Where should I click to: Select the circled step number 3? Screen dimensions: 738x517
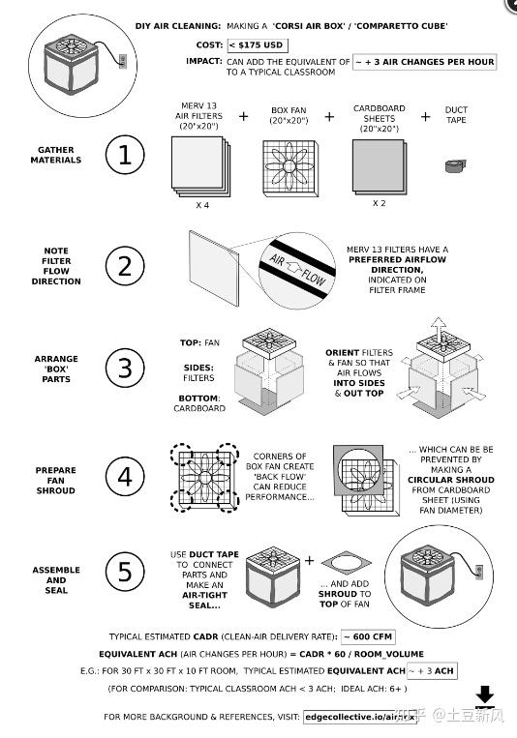click(x=124, y=369)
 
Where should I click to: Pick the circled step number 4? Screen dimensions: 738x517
click(x=124, y=478)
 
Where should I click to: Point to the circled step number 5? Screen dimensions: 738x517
click(x=124, y=573)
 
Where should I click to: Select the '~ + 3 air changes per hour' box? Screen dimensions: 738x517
click(x=425, y=62)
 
